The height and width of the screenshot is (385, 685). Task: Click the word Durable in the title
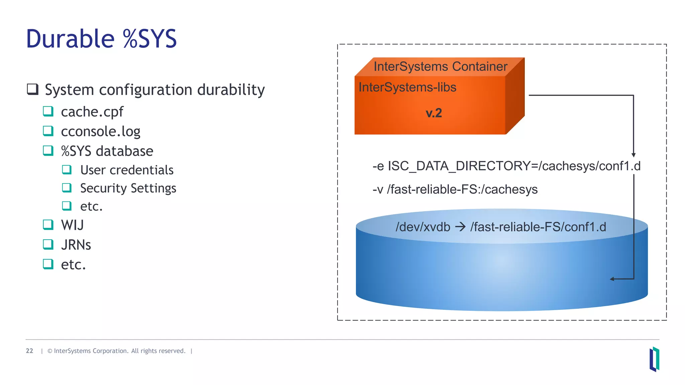click(71, 39)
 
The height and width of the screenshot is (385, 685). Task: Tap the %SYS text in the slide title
click(150, 39)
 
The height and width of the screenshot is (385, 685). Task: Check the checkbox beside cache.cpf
click(48, 111)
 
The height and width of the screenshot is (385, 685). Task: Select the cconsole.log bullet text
click(100, 131)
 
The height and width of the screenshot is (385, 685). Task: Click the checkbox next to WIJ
click(48, 225)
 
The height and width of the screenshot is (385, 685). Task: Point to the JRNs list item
click(76, 245)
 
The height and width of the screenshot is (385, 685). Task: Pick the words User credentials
click(127, 170)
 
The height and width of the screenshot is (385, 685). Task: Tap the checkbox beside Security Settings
click(67, 188)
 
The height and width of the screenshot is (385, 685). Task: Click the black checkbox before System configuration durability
click(32, 89)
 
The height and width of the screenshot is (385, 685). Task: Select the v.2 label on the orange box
click(434, 113)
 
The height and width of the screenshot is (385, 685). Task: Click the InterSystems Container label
click(441, 66)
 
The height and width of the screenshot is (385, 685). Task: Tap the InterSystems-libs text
click(407, 87)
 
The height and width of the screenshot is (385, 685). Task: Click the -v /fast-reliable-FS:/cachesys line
click(455, 189)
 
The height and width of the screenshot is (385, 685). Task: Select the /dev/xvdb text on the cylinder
click(423, 227)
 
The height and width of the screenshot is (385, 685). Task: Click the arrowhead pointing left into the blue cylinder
click(612, 279)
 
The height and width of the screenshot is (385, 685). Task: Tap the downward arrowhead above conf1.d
click(633, 155)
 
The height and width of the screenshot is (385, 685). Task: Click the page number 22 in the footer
click(29, 351)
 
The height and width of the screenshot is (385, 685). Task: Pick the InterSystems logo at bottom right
click(654, 359)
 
